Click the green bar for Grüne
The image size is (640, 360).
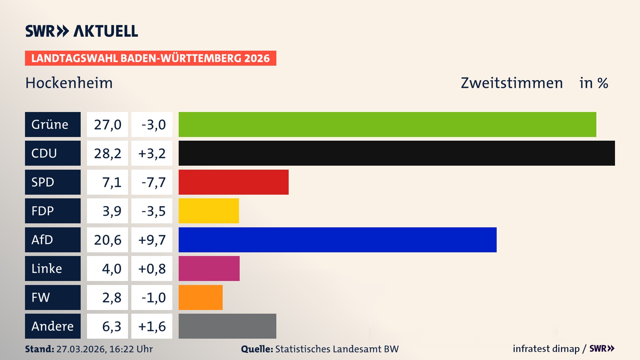point(387,124)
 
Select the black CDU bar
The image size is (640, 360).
point(397,153)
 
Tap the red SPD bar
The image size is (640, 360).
point(233,182)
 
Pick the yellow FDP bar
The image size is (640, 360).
point(209,211)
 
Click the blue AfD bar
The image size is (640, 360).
point(337,240)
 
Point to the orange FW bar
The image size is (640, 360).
point(200,297)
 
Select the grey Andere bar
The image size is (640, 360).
point(227,326)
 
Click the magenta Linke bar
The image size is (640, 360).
point(209,268)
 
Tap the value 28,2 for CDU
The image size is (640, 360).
point(107,153)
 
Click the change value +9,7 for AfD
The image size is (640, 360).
point(152,240)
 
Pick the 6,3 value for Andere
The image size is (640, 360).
point(111,326)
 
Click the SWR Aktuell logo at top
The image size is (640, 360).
point(82,31)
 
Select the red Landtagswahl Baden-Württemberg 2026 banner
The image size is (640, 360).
point(150,58)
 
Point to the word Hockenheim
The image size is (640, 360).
point(69,83)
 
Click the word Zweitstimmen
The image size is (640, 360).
point(512,83)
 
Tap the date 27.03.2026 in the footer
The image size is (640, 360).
point(81,349)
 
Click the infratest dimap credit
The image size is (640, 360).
point(546,349)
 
